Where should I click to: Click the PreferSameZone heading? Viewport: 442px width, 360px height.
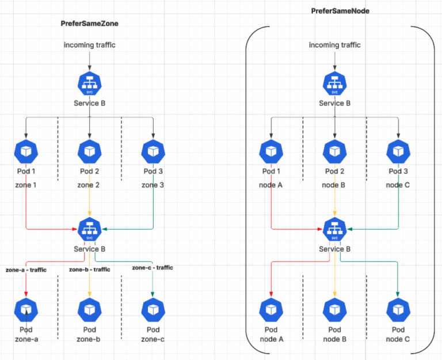pyautogui.click(x=89, y=23)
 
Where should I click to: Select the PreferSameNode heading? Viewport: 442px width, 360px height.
pyautogui.click(x=340, y=11)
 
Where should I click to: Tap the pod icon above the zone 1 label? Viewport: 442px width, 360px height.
pyautogui.click(x=26, y=151)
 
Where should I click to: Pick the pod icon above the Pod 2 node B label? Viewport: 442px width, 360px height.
pyautogui.click(x=334, y=151)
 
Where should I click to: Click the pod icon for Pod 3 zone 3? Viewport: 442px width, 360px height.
pyautogui.click(x=153, y=151)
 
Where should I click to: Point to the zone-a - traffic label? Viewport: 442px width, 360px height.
pyautogui.click(x=26, y=270)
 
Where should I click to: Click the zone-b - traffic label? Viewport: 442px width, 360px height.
pyautogui.click(x=89, y=270)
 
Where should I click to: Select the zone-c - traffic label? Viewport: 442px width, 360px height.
pyautogui.click(x=153, y=268)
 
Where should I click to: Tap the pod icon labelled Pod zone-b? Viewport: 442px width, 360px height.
pyautogui.click(x=89, y=310)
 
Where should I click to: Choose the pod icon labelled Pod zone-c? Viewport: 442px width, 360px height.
pyautogui.click(x=153, y=310)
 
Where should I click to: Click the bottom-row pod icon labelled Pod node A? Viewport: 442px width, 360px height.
pyautogui.click(x=271, y=310)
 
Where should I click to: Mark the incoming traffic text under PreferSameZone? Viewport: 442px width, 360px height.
pyautogui.click(x=89, y=45)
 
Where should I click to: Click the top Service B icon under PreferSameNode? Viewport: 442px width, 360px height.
pyautogui.click(x=334, y=83)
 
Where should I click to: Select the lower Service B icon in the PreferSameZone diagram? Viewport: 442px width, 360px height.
pyautogui.click(x=89, y=229)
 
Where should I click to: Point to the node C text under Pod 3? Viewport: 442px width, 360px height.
pyautogui.click(x=398, y=185)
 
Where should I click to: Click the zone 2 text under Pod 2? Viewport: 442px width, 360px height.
pyautogui.click(x=89, y=185)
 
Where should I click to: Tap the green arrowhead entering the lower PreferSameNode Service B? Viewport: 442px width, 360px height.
pyautogui.click(x=349, y=229)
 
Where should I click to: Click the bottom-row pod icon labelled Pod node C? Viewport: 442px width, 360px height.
pyautogui.click(x=398, y=310)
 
